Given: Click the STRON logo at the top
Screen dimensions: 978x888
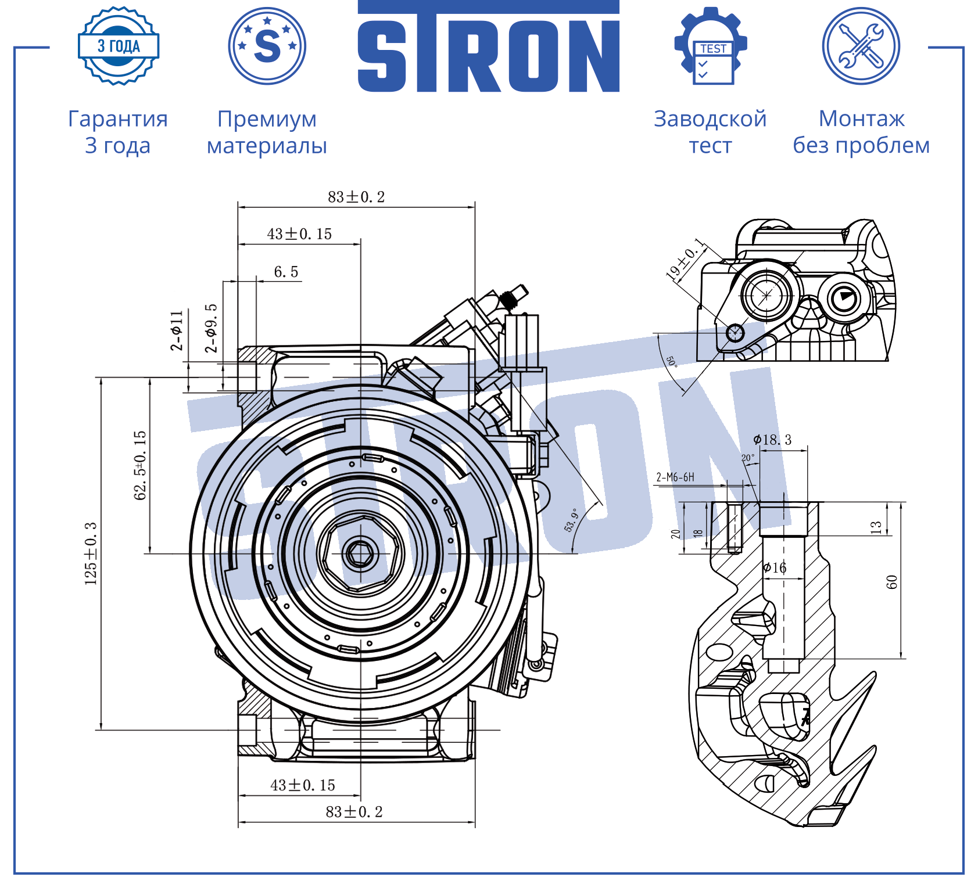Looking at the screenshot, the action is click(x=488, y=46).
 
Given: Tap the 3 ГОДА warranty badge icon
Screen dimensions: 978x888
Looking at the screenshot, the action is click(x=119, y=46).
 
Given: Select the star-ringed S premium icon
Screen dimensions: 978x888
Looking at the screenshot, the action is click(x=267, y=46).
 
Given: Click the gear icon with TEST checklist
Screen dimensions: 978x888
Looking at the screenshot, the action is click(x=711, y=46).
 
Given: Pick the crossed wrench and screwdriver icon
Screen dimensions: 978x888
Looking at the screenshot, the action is click(x=861, y=46).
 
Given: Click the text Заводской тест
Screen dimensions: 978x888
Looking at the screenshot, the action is click(x=710, y=132).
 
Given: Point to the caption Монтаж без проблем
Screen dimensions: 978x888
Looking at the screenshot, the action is click(x=861, y=132).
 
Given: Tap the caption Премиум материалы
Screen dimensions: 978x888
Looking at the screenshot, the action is click(x=267, y=132).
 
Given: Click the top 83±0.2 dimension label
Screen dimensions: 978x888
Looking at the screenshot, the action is click(x=356, y=197).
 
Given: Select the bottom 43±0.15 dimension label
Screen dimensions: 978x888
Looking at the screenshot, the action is click(x=303, y=785).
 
